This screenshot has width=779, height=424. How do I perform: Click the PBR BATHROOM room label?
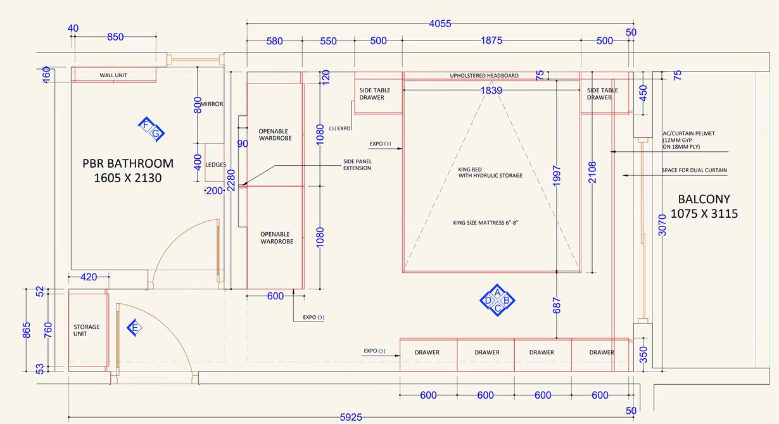coord(128,170)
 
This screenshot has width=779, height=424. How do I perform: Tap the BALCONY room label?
coord(704,206)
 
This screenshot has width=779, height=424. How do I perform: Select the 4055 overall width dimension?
coord(440,24)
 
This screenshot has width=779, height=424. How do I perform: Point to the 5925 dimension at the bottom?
coord(351,417)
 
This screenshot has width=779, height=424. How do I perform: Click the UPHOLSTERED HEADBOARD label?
coord(484,76)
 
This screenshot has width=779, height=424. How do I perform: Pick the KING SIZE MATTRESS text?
coord(486,223)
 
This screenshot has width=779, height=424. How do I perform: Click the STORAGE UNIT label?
coord(87,330)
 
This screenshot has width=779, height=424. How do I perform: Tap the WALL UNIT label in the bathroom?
coord(113,75)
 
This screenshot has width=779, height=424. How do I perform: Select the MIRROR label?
coord(212,104)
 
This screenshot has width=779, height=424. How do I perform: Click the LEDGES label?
coord(216,165)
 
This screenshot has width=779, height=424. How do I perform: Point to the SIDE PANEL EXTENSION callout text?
coord(357,165)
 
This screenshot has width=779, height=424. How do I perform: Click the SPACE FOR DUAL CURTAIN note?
coord(694,170)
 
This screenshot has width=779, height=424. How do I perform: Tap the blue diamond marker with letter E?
coord(134,328)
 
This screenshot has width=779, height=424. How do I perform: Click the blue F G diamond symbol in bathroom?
coord(151,130)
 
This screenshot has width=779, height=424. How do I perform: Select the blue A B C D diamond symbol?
coord(498,300)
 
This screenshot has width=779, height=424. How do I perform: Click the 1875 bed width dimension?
coord(491,41)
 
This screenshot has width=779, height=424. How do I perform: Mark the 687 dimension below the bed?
coord(557,306)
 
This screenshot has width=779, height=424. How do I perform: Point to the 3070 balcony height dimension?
coord(662,225)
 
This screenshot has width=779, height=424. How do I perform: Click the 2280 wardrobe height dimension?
coord(231,180)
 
